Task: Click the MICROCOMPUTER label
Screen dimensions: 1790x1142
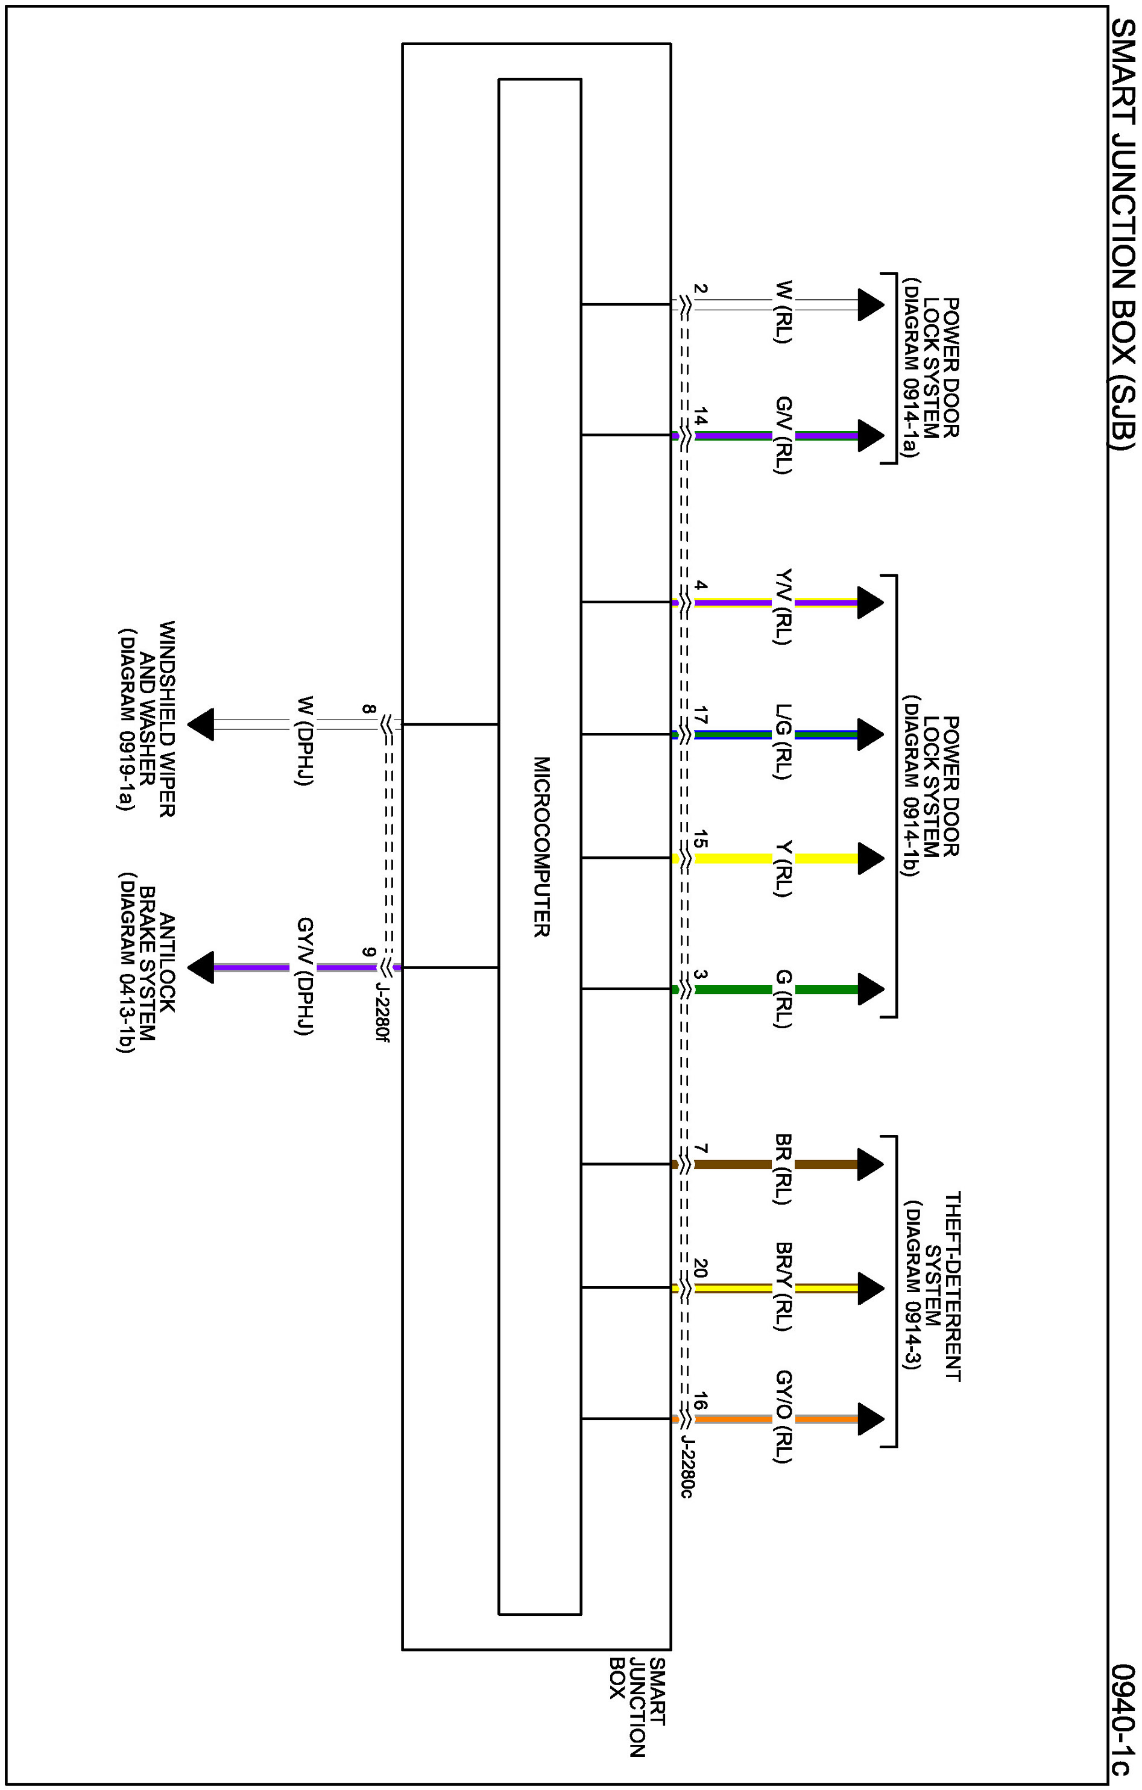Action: pos(541,847)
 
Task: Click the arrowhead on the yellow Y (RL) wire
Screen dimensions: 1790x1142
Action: pos(870,859)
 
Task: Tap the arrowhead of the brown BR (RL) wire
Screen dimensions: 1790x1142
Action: pos(870,1165)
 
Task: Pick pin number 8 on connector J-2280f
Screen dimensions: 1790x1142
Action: pos(368,709)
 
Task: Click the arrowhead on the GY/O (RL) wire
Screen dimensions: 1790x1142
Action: pos(870,1419)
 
